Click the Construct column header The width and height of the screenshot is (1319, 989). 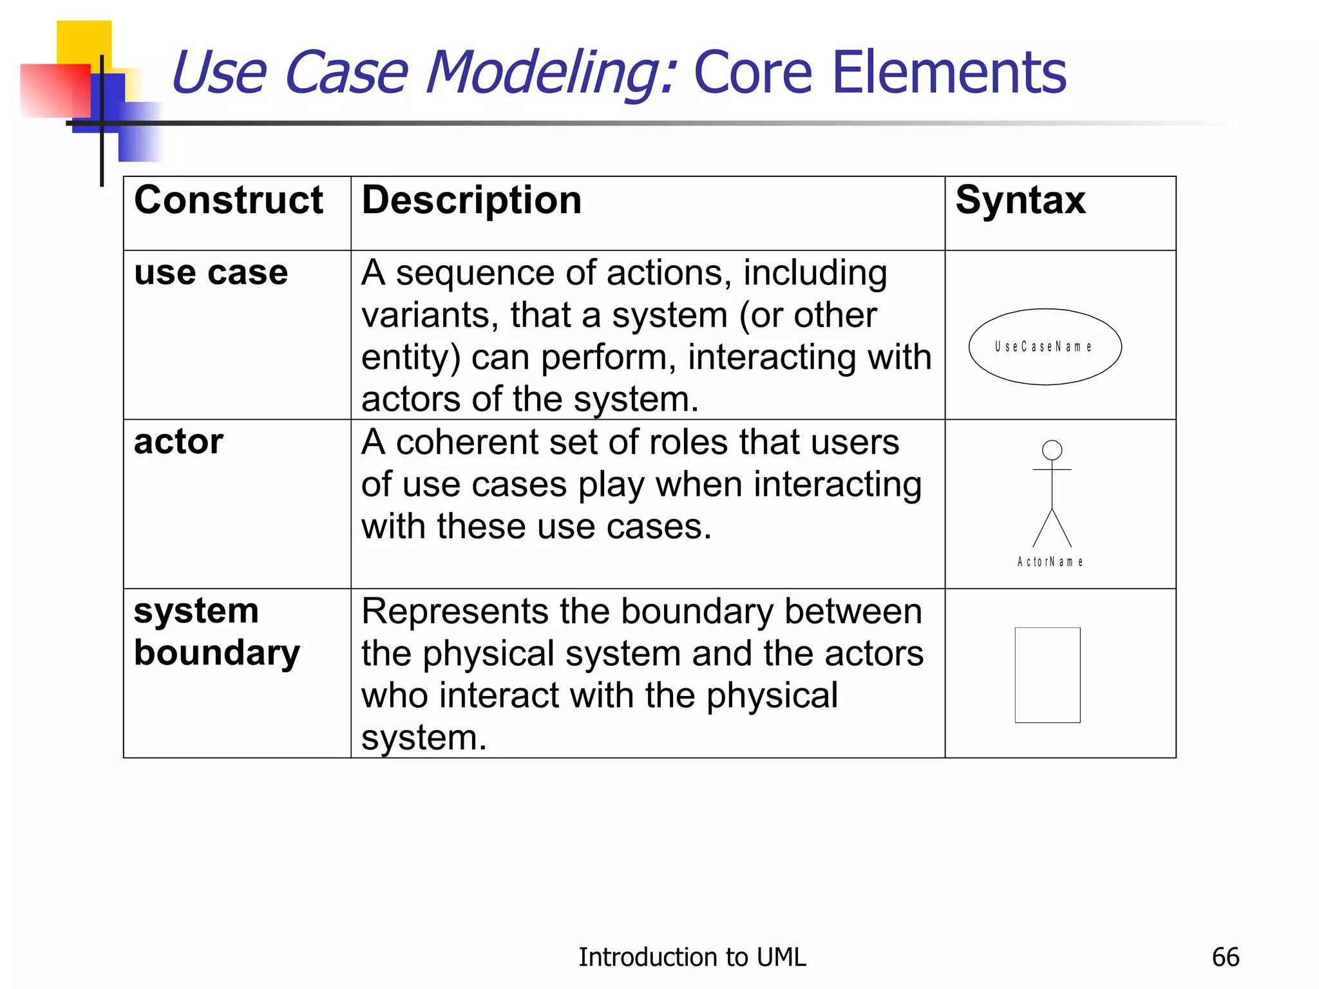coord(228,200)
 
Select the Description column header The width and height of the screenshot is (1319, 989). coord(471,200)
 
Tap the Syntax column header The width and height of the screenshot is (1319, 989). coord(1020,200)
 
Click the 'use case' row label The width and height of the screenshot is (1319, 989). coord(211,272)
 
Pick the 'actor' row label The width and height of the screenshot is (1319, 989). coord(178,442)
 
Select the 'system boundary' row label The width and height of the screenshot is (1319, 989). coord(216,632)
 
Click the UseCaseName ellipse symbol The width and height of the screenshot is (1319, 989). coord(1045,347)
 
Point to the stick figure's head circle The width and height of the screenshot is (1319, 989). coord(1052,450)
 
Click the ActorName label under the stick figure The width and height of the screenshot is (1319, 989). coord(1050,562)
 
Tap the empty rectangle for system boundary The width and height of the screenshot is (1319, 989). coord(1047,675)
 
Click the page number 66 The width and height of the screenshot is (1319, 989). coord(1225,957)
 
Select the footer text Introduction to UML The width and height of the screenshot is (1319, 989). coord(692,957)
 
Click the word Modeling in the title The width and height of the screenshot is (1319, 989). coord(551,74)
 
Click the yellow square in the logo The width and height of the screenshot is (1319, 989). coord(84,40)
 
